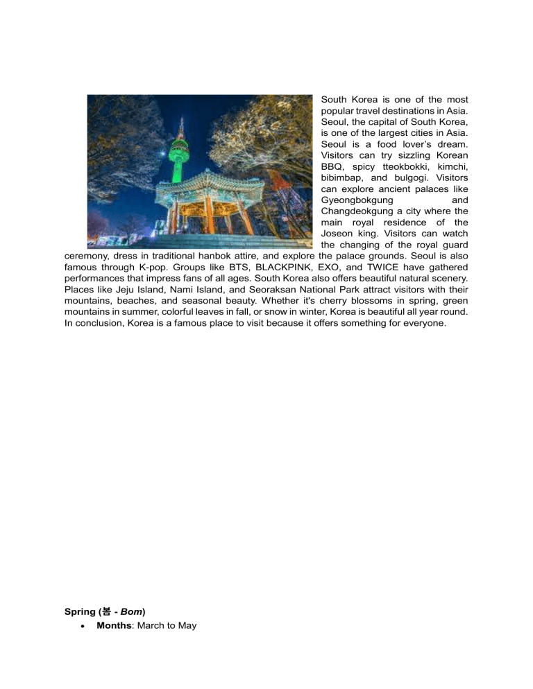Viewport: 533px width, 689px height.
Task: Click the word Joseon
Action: point(339,234)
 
